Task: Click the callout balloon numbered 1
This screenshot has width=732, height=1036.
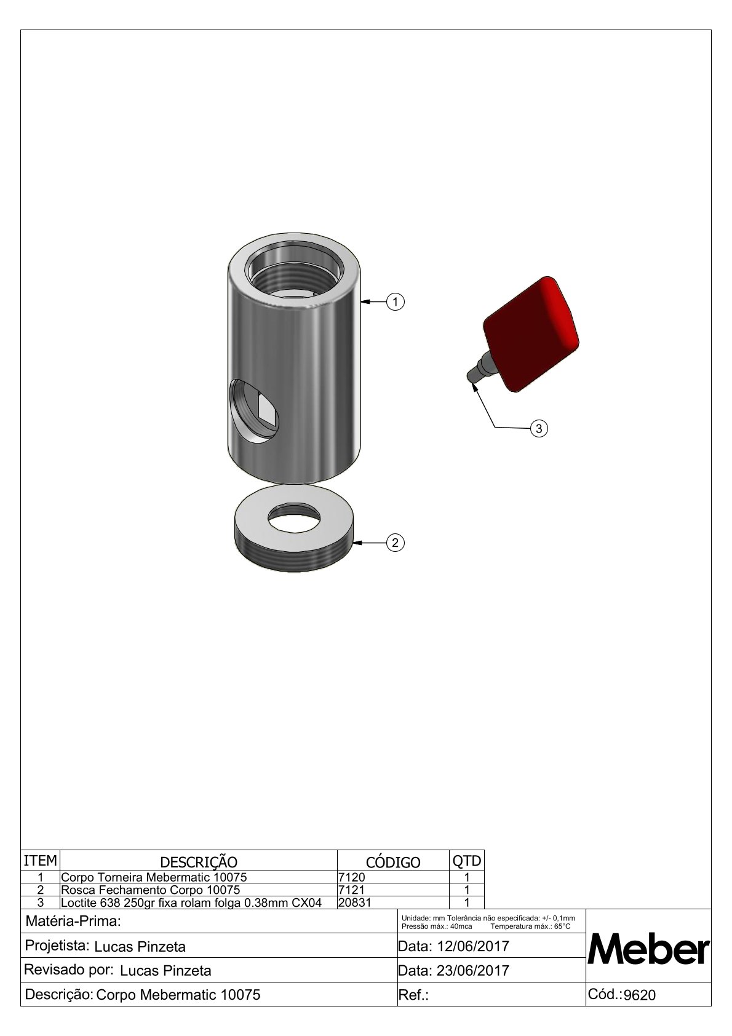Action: click(395, 302)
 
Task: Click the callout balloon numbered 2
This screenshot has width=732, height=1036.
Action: click(395, 543)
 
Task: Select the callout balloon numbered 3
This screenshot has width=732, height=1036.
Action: click(539, 429)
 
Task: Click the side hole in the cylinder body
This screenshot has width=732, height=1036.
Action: click(254, 411)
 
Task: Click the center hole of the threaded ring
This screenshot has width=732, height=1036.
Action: click(293, 517)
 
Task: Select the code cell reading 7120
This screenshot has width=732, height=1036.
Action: click(352, 877)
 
